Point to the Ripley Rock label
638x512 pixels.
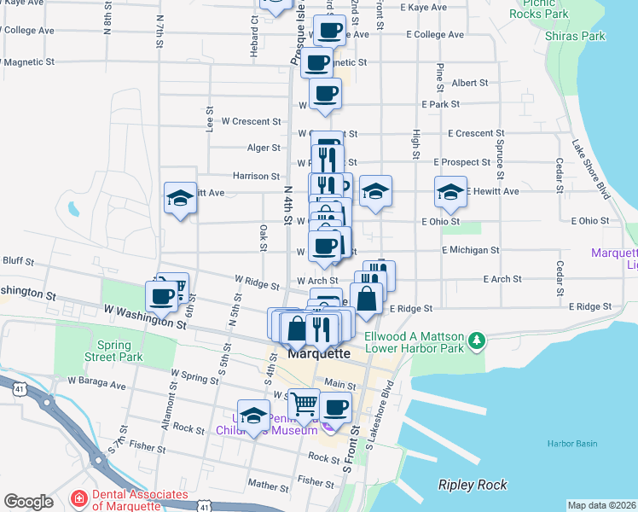point(473,485)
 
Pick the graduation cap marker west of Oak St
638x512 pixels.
point(180,198)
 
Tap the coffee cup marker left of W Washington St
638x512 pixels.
point(161,296)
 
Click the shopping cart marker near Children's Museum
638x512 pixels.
point(304,403)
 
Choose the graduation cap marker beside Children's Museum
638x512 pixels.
point(253,416)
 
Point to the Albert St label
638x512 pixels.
point(470,84)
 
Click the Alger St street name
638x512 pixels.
point(264,148)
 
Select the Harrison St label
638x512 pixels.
point(256,177)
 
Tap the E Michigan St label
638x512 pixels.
point(470,250)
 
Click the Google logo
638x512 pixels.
point(28,502)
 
